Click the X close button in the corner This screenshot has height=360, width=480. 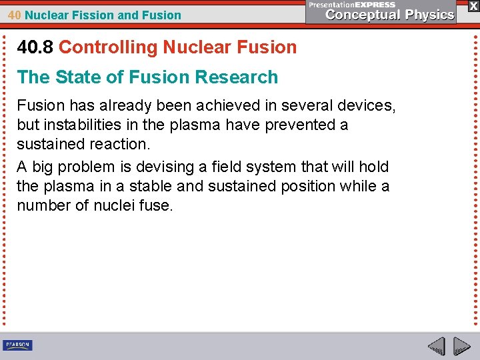coord(473,5)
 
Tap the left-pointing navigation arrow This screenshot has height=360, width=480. coord(437,347)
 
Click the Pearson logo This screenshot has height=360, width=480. coord(17,345)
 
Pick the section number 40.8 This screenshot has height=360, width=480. coord(36,47)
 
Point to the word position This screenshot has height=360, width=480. coord(299,186)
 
